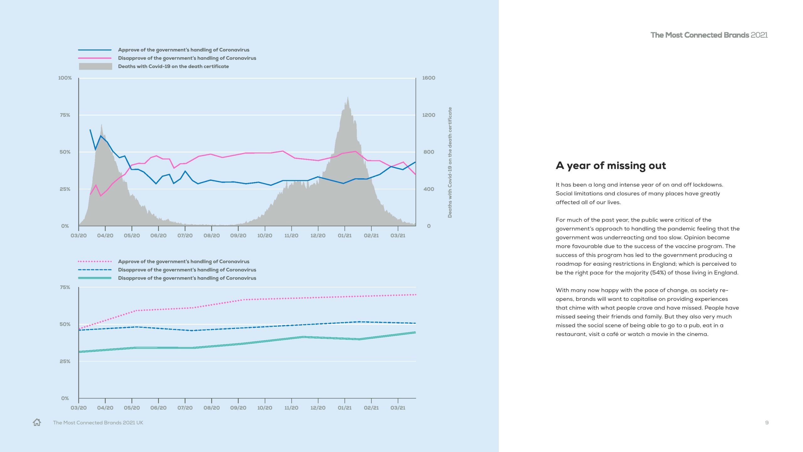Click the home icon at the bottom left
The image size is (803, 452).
tap(37, 422)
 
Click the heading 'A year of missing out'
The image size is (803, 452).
tap(610, 165)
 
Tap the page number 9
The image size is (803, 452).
tap(767, 423)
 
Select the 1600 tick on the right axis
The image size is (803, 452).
tap(428, 78)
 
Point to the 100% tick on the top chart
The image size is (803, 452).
tap(65, 78)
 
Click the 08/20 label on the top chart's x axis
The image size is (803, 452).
tap(211, 235)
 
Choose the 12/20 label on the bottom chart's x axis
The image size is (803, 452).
tap(318, 408)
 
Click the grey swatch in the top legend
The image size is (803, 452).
tap(95, 66)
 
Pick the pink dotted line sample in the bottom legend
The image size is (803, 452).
tap(95, 261)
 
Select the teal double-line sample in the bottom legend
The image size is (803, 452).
tap(95, 278)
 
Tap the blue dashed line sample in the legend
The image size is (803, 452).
tap(95, 270)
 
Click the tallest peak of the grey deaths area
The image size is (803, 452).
tap(348, 98)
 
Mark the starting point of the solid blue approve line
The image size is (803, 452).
tap(90, 130)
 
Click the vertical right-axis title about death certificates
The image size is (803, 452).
tap(450, 162)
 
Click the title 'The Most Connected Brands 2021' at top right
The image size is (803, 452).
tap(709, 35)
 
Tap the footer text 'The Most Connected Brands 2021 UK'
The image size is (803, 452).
tap(98, 423)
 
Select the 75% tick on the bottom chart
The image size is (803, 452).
tap(65, 287)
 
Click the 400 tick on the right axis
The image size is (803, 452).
tap(428, 189)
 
